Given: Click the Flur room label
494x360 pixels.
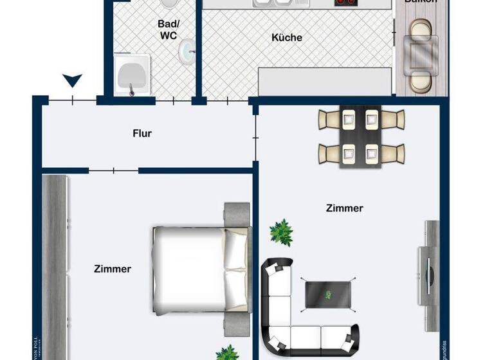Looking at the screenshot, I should coord(142,134).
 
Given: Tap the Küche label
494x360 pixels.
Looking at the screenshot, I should coord(287,38).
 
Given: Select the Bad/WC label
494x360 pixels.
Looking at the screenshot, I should coord(168,30).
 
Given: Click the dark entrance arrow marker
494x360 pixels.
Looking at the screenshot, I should coord(73,81).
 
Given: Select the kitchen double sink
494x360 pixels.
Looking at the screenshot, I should coord(273,3).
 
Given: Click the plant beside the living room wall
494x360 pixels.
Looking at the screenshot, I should coord(281,231).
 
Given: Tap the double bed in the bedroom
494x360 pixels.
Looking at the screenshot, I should coord(200,269).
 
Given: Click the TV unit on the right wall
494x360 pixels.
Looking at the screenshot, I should coord(429,264).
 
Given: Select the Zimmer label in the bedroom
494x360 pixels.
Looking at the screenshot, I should coord(113,269).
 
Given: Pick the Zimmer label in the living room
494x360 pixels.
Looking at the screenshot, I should coord(345,208).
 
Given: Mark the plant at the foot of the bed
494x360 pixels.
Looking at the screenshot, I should coord(226,353).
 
